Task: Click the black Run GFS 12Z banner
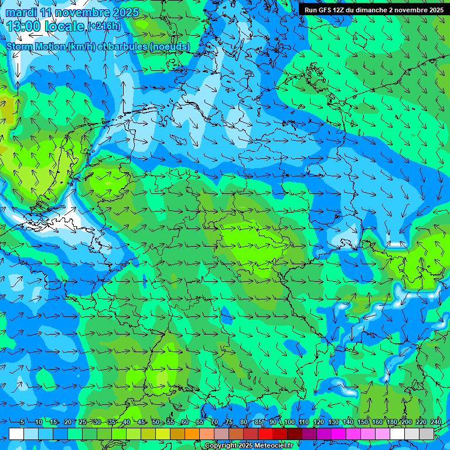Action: [x=373, y=9]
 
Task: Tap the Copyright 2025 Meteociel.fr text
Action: [x=249, y=446]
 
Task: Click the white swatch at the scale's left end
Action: [x=16, y=434]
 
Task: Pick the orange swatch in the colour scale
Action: [x=192, y=434]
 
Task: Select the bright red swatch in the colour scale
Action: [x=265, y=434]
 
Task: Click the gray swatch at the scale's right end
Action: [x=427, y=434]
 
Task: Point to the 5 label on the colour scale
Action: [x=22, y=422]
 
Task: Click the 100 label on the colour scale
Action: [x=289, y=422]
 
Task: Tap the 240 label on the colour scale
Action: [x=435, y=422]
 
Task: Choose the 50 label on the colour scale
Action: [x=156, y=422]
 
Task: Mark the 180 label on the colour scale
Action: [x=391, y=422]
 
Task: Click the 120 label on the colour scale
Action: [x=318, y=422]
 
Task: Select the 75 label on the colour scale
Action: [x=229, y=422]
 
